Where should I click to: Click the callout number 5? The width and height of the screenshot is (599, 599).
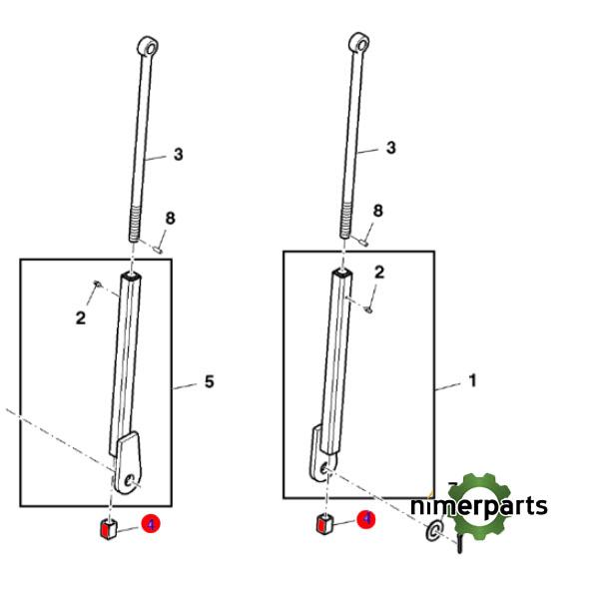209,381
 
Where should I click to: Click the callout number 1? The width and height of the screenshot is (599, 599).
472,380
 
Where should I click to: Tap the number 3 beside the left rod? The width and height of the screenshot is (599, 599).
179,155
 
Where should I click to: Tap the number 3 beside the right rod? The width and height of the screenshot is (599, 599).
390,148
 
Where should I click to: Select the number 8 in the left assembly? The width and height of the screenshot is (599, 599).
170,218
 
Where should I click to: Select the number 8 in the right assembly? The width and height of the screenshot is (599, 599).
377,211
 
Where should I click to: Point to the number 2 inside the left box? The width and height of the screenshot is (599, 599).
81,317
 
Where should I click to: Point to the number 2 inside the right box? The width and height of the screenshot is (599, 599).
379,273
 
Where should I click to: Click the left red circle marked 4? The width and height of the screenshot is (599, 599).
151,524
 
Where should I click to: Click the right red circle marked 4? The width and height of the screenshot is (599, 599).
366,519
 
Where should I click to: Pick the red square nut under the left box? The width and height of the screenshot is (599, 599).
109,529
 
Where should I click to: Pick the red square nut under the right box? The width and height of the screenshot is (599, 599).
324,524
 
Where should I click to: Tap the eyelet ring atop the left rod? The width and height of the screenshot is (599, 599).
148,47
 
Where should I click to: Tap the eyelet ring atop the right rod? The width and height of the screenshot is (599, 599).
359,42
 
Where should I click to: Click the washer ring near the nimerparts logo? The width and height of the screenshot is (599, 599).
434,531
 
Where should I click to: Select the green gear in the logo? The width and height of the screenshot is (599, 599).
480,506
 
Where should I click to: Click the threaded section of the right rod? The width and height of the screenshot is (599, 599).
346,220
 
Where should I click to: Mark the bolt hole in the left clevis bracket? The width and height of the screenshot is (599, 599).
130,481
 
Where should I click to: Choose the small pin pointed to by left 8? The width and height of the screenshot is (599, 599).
158,250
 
